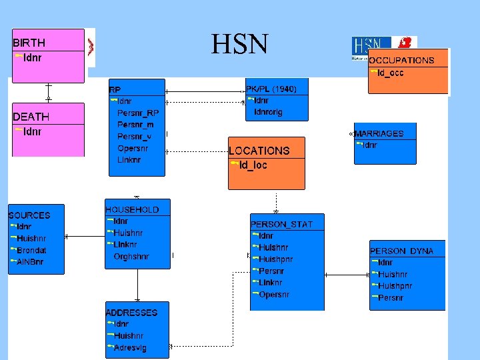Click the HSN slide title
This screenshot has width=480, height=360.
[x=239, y=45]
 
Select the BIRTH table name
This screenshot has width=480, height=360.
[x=29, y=43]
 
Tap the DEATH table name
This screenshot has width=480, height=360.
[x=31, y=117]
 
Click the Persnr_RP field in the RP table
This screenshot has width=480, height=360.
[x=138, y=113]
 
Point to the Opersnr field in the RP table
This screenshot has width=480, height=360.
[x=133, y=148]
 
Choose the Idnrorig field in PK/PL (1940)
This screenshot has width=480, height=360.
[x=269, y=112]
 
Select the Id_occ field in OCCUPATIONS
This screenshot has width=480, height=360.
[x=390, y=73]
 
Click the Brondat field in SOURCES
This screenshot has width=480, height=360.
[x=31, y=250]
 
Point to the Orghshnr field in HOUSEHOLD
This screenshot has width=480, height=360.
[x=131, y=256]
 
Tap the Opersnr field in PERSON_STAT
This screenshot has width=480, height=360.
[x=274, y=295]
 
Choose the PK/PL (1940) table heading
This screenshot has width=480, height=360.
[x=271, y=89]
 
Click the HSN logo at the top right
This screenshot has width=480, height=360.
[x=383, y=48]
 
